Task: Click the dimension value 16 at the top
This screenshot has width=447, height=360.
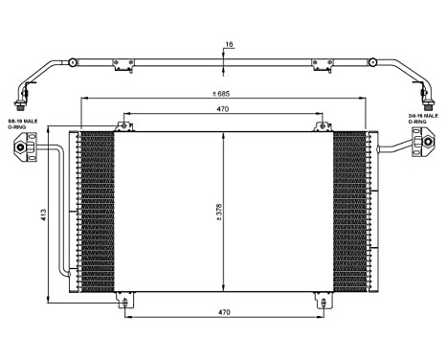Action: click(228, 44)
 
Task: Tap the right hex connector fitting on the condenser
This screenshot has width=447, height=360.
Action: click(420, 147)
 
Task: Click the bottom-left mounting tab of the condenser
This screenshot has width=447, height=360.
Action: click(124, 303)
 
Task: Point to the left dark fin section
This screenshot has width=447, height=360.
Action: click(98, 212)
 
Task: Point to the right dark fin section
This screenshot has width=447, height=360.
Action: click(349, 212)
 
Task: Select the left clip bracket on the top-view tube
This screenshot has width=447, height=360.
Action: click(123, 65)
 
